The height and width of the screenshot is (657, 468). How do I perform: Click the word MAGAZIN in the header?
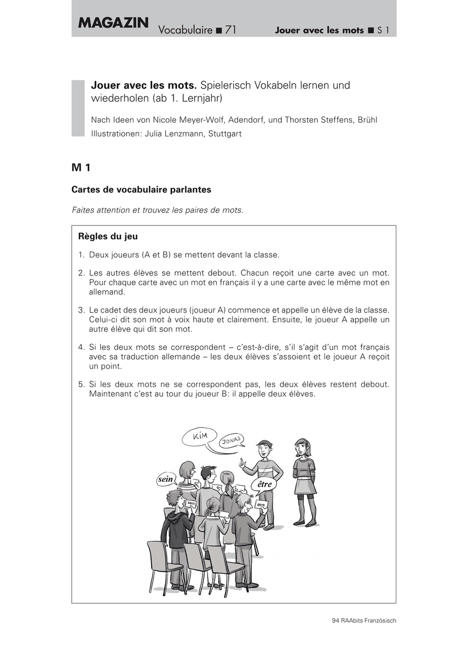[x=113, y=23]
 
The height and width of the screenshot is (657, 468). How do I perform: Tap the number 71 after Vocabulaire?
[x=230, y=30]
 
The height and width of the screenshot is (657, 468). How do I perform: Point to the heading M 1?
[x=80, y=167]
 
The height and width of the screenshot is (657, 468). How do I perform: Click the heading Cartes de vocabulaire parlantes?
[x=141, y=189]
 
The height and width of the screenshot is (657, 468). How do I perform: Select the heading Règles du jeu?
[x=108, y=237]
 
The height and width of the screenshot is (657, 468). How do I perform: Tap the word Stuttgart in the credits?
[x=225, y=133]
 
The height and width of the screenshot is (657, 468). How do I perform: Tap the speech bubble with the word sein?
[x=165, y=479]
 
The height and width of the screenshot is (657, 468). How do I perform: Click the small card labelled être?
[x=261, y=505]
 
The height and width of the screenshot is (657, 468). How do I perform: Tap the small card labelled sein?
[x=191, y=503]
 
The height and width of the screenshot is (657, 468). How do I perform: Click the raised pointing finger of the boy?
[x=241, y=461]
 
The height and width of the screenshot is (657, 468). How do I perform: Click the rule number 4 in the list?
[x=81, y=347]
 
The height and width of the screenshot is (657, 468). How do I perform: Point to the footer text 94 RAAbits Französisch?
[x=363, y=620]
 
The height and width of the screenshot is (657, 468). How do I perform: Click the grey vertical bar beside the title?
[x=78, y=108]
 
